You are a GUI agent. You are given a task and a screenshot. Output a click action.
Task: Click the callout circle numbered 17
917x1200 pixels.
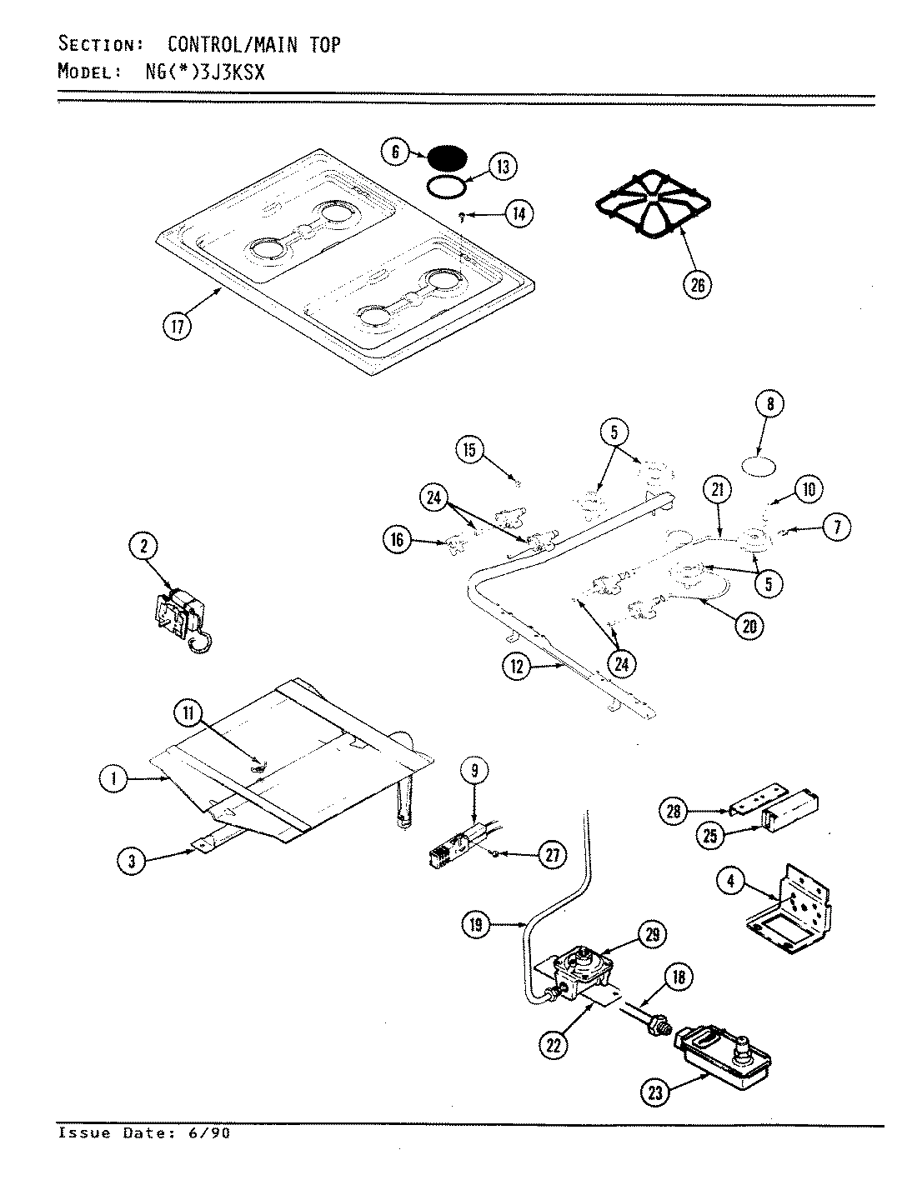(177, 326)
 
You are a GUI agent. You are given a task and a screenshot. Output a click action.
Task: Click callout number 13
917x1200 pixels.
(503, 167)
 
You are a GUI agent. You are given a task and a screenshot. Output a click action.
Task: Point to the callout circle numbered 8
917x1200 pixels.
(769, 405)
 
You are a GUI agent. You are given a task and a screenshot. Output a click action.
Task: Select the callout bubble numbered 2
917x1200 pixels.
(144, 547)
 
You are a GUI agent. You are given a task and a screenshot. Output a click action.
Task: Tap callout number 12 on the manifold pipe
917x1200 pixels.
(517, 667)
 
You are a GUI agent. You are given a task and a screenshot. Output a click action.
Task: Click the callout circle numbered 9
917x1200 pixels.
(474, 771)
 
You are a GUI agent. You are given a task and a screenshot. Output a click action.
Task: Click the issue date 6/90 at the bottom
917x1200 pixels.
(212, 1133)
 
